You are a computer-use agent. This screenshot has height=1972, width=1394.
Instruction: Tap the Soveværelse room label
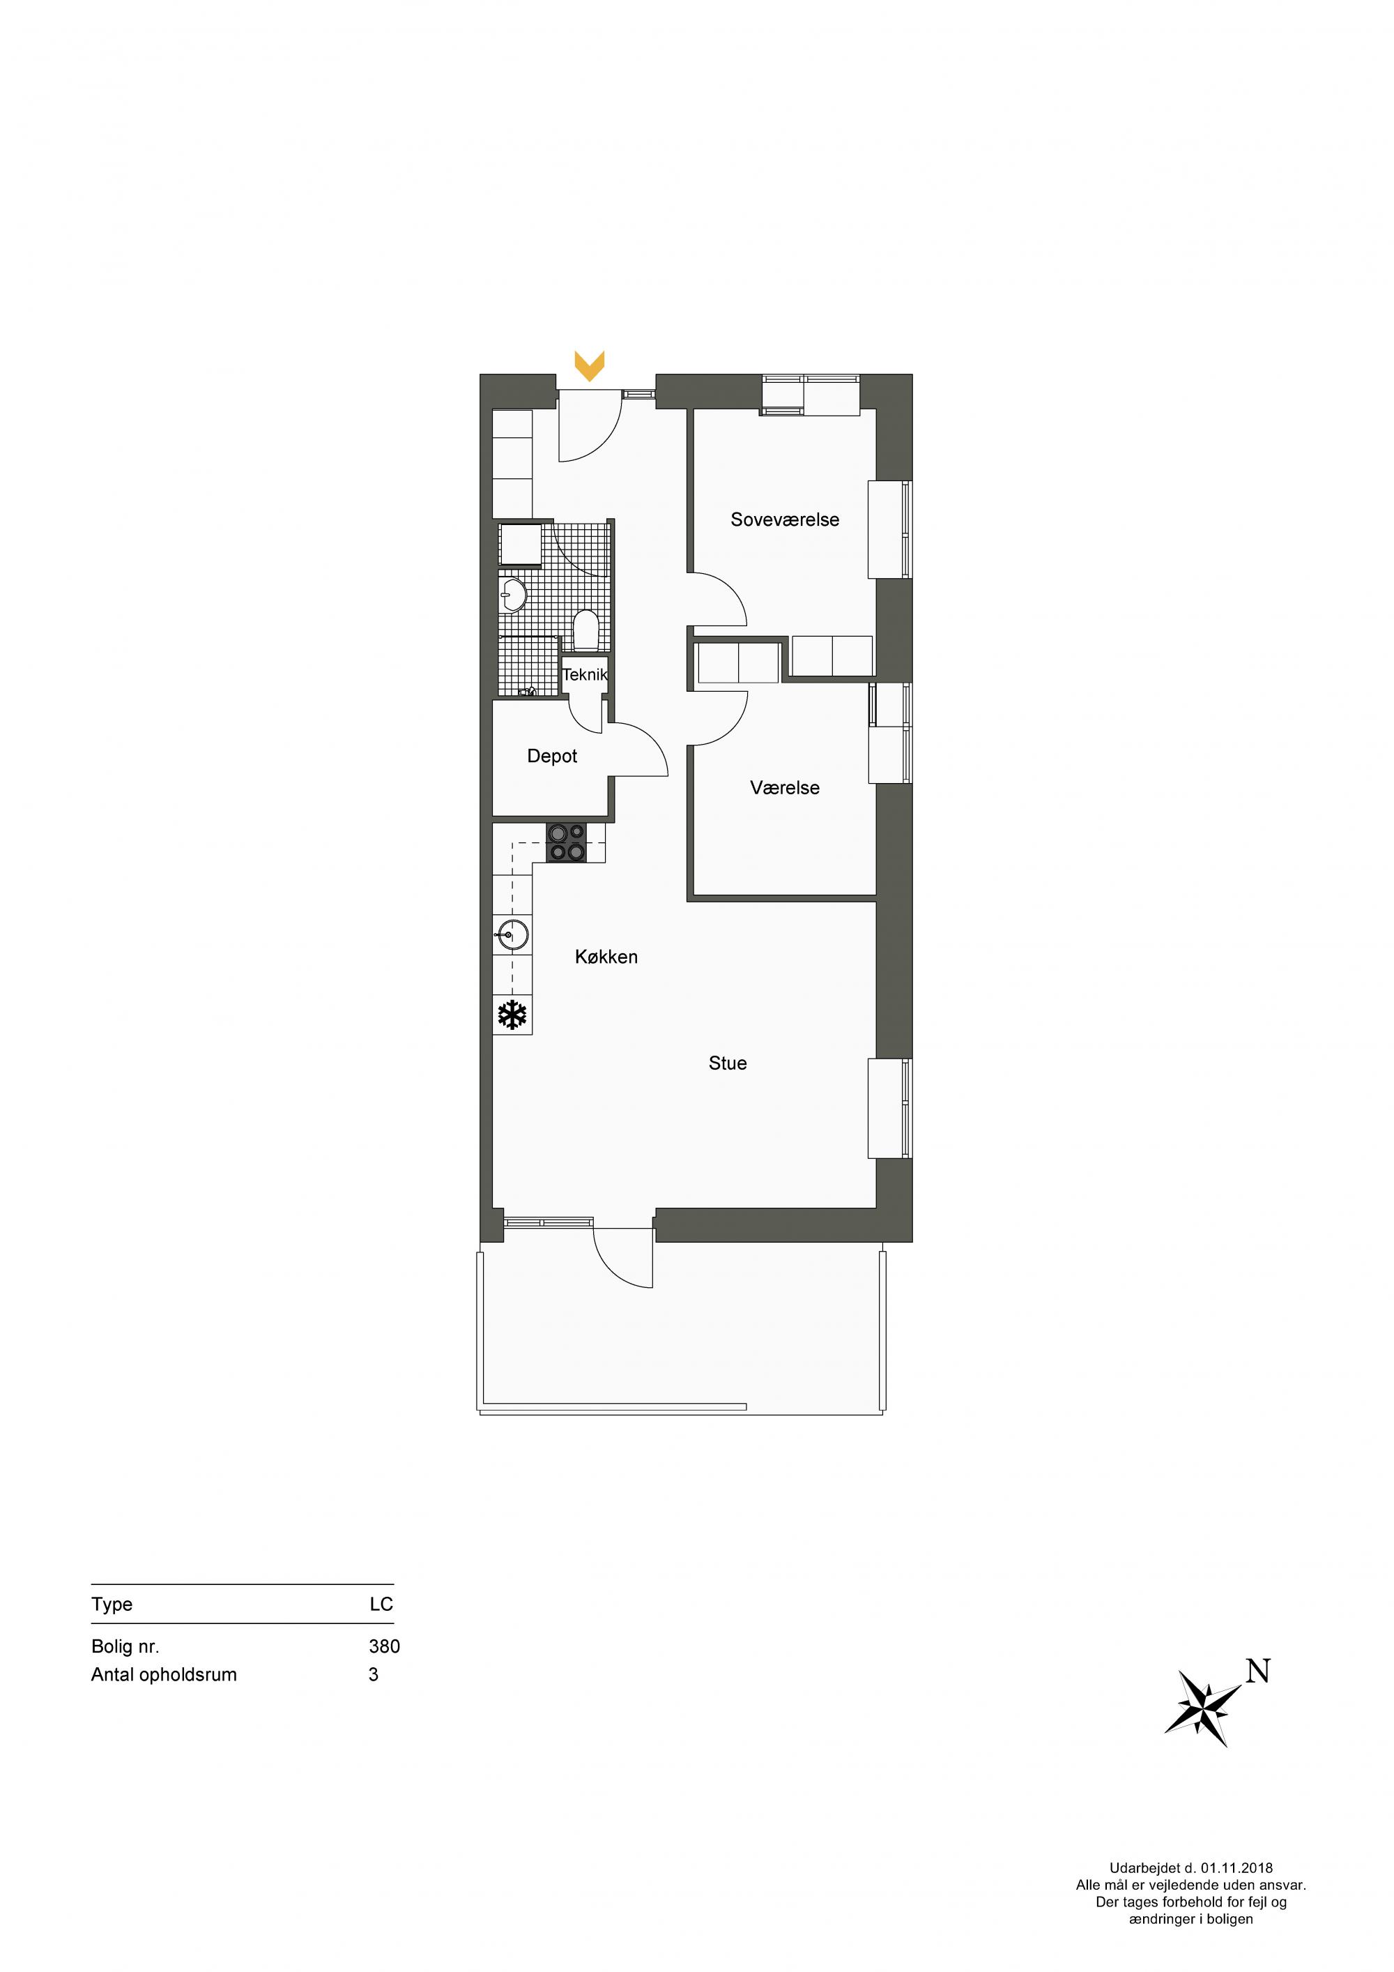point(785,519)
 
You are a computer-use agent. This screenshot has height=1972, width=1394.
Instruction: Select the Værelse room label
point(785,787)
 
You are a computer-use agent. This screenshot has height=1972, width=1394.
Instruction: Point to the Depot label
point(552,756)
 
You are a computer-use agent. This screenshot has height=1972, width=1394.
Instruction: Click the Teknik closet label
point(585,674)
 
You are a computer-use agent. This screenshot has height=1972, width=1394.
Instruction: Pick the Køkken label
point(606,957)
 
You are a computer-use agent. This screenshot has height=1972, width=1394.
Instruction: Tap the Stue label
point(728,1063)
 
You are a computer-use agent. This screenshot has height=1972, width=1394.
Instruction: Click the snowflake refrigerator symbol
point(512,1015)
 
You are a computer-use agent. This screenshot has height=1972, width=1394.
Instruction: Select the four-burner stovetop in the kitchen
point(567,842)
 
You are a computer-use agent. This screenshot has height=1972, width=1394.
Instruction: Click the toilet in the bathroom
point(585,630)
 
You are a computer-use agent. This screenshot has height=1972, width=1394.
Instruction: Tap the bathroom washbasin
point(513,594)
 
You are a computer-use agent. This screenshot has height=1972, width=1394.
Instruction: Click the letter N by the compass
point(1257,1672)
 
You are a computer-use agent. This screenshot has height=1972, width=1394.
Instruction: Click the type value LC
point(381,1605)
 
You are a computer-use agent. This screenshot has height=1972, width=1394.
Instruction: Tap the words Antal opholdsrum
point(164,1675)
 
